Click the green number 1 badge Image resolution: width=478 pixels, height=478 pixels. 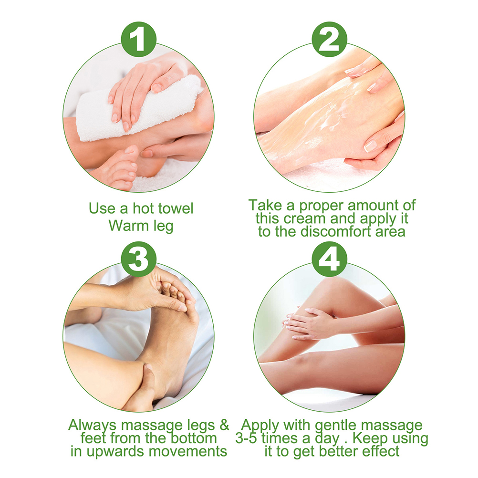[139, 39]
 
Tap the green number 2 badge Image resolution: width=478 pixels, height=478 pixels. [329, 39]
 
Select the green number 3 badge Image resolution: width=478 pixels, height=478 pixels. [139, 259]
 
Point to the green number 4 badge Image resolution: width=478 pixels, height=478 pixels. [329, 259]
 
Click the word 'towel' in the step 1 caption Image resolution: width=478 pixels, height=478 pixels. [176, 208]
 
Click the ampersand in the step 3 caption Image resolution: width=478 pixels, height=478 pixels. [224, 425]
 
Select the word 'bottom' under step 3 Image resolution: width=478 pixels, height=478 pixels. [194, 438]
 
